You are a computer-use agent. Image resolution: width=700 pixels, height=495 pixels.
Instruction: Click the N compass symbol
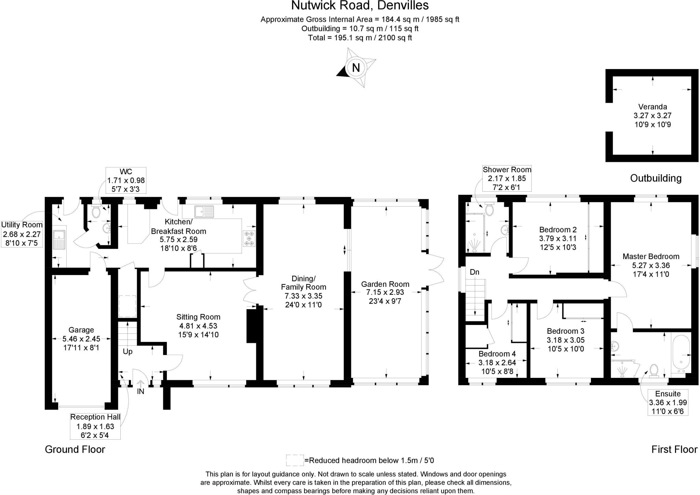pos(356,68)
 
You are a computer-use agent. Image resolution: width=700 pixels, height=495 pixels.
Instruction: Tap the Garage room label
pos(81,330)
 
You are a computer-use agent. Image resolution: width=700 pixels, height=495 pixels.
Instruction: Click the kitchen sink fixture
pos(204,211)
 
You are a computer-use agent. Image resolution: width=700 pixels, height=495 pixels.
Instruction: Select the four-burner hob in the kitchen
pos(249,238)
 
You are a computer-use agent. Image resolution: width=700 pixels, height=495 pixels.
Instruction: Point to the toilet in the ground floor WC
pos(96,211)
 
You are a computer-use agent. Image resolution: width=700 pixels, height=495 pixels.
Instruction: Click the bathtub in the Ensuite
pos(681,354)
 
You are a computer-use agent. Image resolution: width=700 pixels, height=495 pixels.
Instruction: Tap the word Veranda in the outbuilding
pos(652,107)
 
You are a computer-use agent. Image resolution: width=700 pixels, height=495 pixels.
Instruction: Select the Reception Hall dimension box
pos(95,426)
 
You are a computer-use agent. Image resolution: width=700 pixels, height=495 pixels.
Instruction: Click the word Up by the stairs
pos(127,352)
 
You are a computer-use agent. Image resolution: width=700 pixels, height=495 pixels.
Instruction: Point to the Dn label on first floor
pos(474,272)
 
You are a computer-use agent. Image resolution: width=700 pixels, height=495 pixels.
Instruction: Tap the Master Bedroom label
pos(651,257)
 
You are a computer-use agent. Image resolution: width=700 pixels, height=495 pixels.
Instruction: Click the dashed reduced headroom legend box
pos(295,460)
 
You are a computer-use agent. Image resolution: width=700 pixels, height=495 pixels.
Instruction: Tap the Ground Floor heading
pos(75,449)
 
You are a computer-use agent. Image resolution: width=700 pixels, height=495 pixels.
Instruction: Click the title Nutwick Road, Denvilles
pos(360,6)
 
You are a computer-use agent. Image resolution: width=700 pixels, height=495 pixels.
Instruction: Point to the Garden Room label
pos(385,284)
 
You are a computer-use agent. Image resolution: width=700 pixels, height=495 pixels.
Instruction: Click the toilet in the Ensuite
pos(654,370)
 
